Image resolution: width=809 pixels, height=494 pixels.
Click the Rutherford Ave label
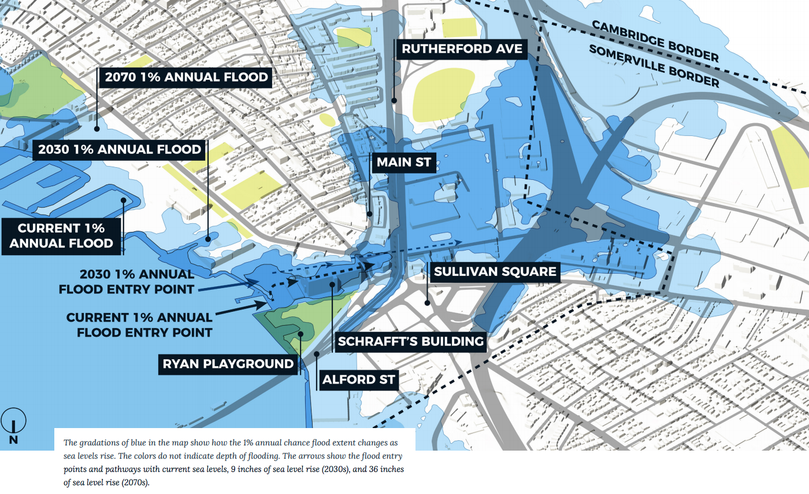462,49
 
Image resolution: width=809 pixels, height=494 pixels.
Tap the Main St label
404,163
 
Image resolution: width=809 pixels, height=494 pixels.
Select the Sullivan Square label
495,271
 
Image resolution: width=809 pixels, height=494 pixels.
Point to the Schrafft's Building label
411,341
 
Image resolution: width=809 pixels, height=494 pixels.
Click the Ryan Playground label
228,364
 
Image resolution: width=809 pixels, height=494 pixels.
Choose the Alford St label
359,379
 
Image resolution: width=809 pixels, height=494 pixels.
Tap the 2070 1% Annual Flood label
185,77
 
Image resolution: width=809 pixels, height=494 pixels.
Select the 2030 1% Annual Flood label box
120,150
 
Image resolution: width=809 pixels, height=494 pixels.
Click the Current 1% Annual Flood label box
61,235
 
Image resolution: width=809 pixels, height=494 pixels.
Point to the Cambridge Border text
655,41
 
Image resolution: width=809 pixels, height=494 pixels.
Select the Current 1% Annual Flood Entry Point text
139,325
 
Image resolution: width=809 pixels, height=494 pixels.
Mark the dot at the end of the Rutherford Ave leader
394,100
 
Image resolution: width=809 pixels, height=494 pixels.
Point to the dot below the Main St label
370,213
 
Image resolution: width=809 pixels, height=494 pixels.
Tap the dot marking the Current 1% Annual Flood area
123,201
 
